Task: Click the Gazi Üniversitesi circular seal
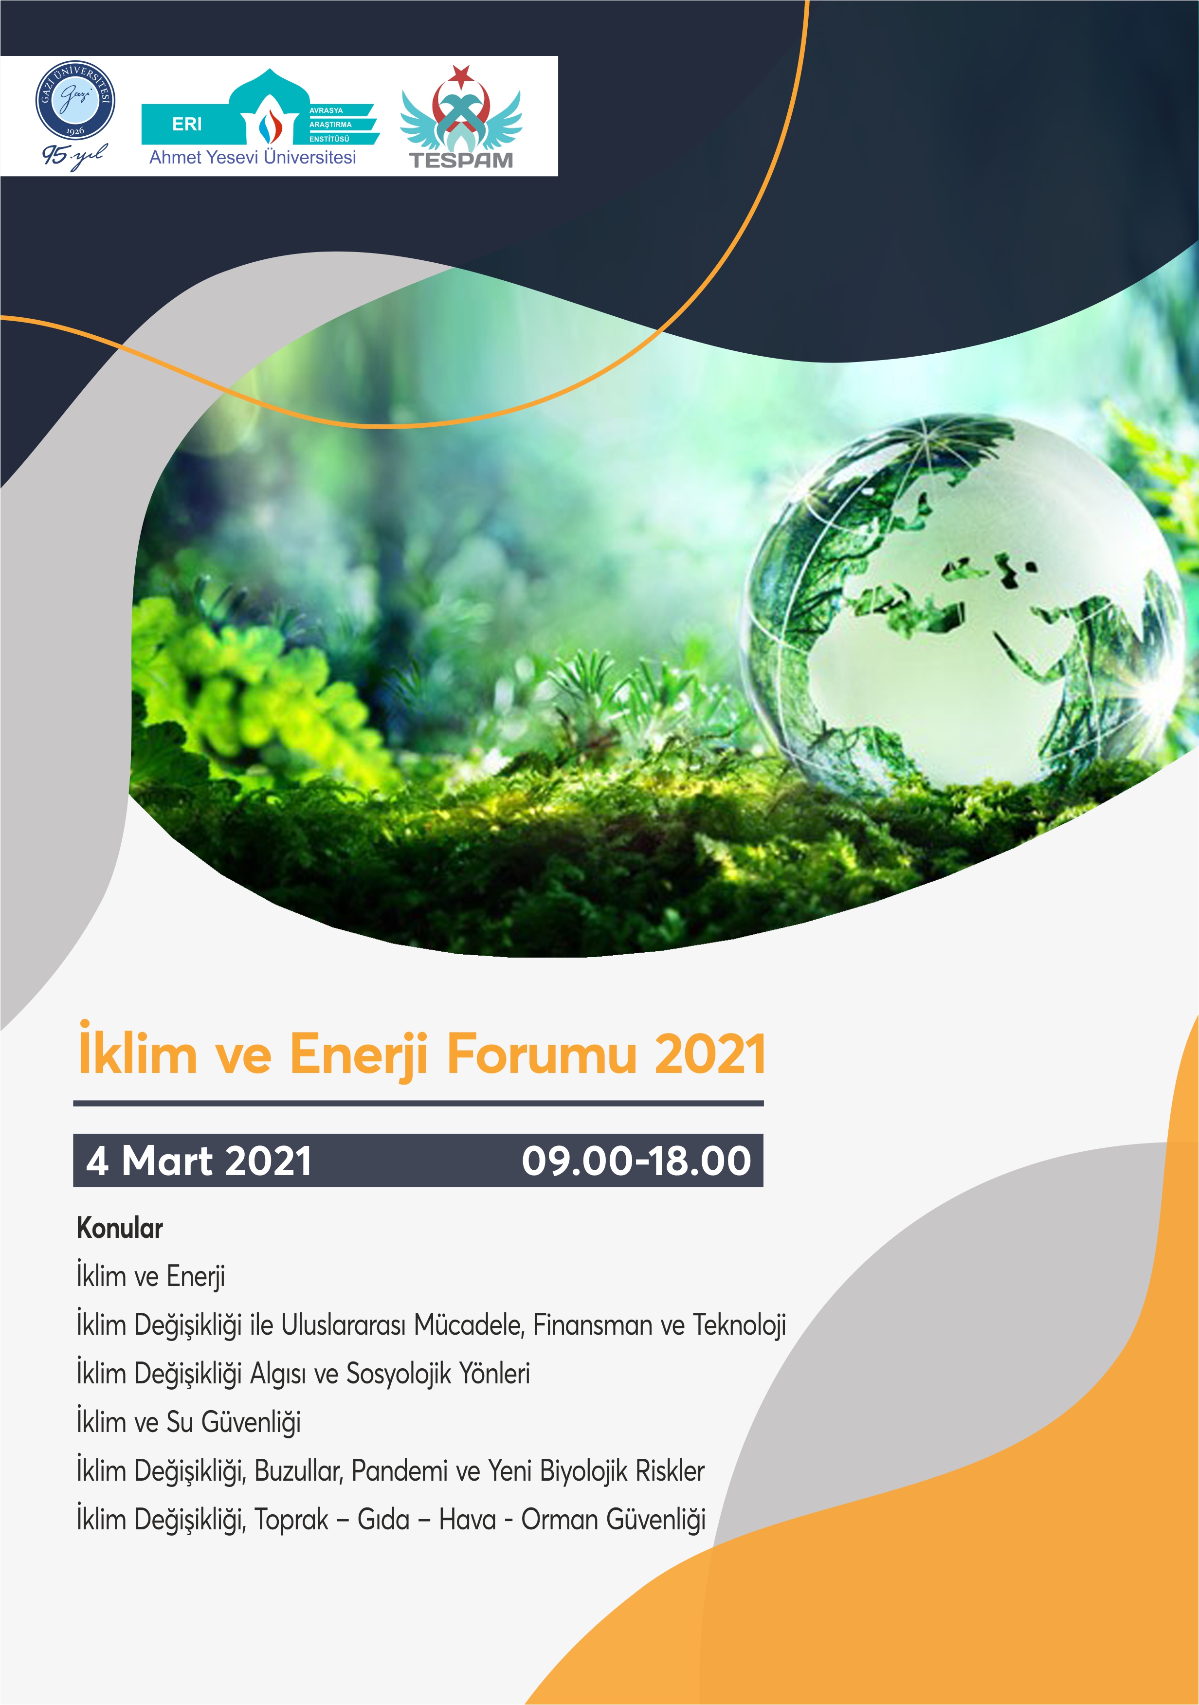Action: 76,100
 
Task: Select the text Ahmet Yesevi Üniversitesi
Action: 253,158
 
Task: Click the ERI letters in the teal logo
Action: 187,124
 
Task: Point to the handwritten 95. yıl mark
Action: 74,156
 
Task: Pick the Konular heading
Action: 120,1228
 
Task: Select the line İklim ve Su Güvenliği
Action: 189,1422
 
